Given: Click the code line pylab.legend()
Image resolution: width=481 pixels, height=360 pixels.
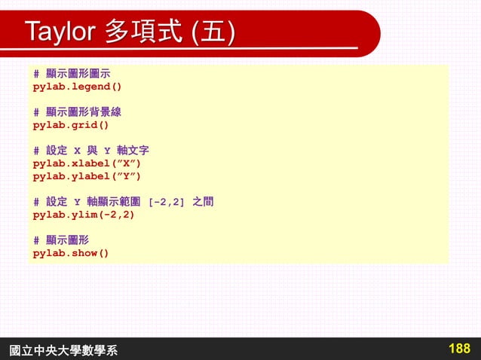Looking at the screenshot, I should (x=77, y=87).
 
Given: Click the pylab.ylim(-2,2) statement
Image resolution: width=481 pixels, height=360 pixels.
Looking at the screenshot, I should (x=84, y=215).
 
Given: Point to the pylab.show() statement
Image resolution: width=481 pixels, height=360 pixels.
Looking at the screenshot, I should (x=71, y=253).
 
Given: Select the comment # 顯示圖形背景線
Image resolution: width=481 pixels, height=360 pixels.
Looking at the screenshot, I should (x=78, y=112).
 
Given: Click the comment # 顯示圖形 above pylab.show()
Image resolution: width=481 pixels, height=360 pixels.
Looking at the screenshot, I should (x=61, y=240).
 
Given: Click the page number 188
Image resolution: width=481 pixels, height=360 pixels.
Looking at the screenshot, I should (x=458, y=348).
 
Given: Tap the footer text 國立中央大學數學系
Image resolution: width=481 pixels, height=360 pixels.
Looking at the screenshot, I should (x=63, y=349).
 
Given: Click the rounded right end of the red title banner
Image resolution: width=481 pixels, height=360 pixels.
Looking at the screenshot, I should (x=369, y=34).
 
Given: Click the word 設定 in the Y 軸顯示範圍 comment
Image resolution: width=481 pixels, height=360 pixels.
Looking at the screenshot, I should (x=56, y=202).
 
